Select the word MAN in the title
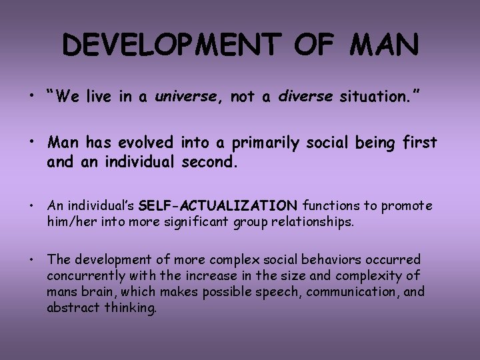tap(382, 46)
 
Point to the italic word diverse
tap(305, 97)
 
